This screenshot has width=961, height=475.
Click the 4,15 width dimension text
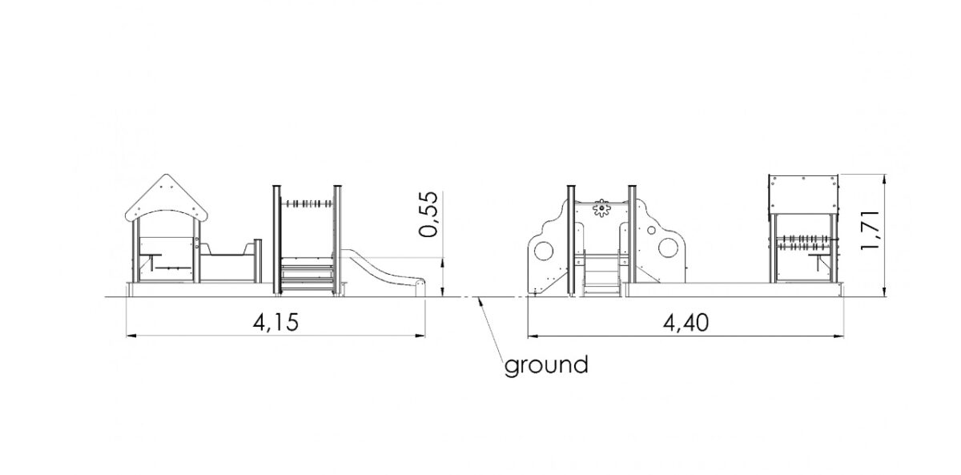tap(275, 322)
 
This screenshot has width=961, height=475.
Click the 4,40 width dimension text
tap(686, 323)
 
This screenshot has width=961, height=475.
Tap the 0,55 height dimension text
tap(429, 214)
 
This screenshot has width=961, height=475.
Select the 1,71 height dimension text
tap(871, 230)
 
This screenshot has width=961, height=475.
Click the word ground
tap(545, 366)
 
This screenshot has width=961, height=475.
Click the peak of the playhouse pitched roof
tap(167, 175)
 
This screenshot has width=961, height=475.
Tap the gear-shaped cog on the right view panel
tap(601, 208)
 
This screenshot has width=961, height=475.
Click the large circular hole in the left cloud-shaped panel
tap(544, 252)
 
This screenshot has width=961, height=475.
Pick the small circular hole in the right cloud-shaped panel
tap(651, 231)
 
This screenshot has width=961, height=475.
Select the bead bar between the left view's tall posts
tap(307, 203)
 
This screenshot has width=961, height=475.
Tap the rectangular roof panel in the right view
tap(803, 194)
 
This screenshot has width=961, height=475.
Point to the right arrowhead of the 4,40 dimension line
tap(838, 336)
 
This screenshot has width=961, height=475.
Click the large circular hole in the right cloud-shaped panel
tap(668, 248)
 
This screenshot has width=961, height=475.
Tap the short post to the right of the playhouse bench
tap(257, 261)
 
